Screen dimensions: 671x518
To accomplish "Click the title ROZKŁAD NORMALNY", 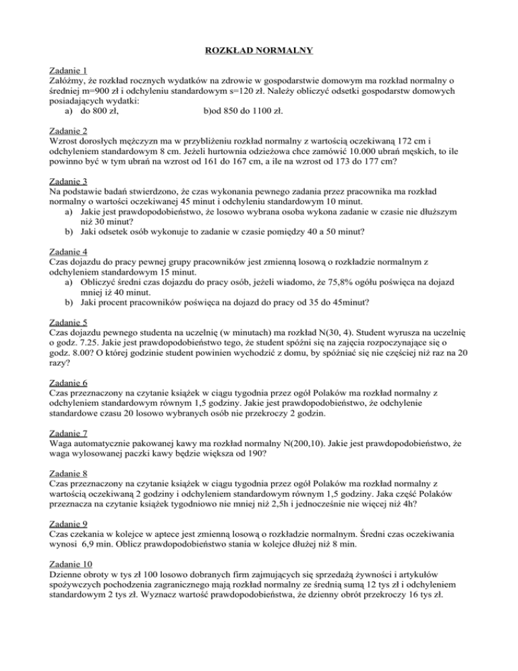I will pyautogui.click(x=259, y=50).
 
